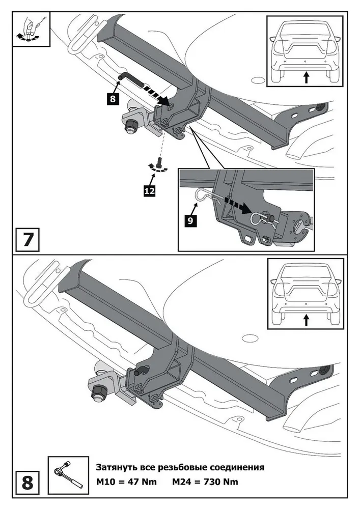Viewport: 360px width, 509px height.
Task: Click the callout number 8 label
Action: [x=113, y=98]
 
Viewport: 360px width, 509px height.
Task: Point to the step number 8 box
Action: [x=27, y=480]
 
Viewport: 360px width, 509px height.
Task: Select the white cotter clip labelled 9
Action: [x=203, y=195]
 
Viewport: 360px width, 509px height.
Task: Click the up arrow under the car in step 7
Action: [x=306, y=77]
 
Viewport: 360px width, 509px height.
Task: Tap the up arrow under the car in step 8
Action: [x=306, y=320]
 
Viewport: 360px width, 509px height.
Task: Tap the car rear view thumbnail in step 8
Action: [x=306, y=294]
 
